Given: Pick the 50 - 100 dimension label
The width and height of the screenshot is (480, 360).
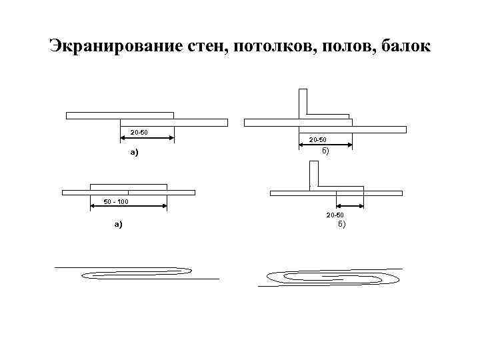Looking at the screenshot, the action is [x=116, y=201].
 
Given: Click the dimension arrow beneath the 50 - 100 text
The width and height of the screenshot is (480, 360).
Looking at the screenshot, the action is [x=128, y=207].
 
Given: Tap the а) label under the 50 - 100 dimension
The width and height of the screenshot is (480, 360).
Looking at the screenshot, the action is [x=119, y=225].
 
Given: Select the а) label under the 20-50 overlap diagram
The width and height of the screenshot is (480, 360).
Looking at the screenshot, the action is [x=134, y=153].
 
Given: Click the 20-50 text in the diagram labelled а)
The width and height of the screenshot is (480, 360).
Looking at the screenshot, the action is [x=139, y=131].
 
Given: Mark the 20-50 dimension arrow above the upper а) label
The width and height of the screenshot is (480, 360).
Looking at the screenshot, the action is [x=147, y=139].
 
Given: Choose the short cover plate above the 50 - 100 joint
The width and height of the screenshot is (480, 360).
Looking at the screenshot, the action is [x=128, y=186].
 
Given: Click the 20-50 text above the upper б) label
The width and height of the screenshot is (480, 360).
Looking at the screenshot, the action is [x=318, y=139].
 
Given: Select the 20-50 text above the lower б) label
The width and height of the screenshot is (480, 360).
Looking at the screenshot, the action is [x=335, y=215].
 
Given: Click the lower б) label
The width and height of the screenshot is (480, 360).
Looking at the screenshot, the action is [x=341, y=225].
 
